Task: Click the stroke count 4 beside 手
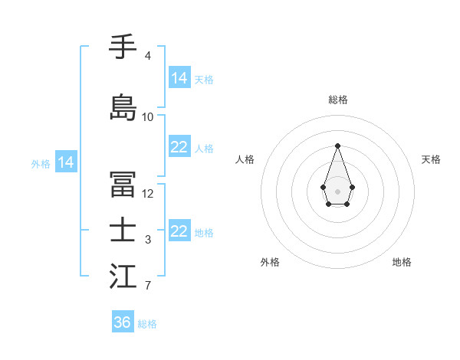pyautogui.click(x=147, y=56)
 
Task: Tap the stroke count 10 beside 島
pyautogui.click(x=148, y=117)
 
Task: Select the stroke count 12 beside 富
pyautogui.click(x=148, y=194)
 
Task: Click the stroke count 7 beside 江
pyautogui.click(x=147, y=286)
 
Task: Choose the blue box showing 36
pyautogui.click(x=123, y=322)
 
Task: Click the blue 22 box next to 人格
pyautogui.click(x=179, y=147)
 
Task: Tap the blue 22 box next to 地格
pyautogui.click(x=179, y=231)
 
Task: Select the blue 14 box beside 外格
pyautogui.click(x=66, y=162)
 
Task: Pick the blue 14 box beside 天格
pyautogui.click(x=179, y=78)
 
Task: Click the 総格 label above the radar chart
pyautogui.click(x=337, y=100)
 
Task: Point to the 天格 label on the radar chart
pyautogui.click(x=431, y=159)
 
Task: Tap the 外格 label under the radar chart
pyautogui.click(x=270, y=262)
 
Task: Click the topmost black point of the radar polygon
pyautogui.click(x=337, y=146)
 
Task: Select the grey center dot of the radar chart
pyautogui.click(x=337, y=190)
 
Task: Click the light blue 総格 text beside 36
pyautogui.click(x=147, y=324)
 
